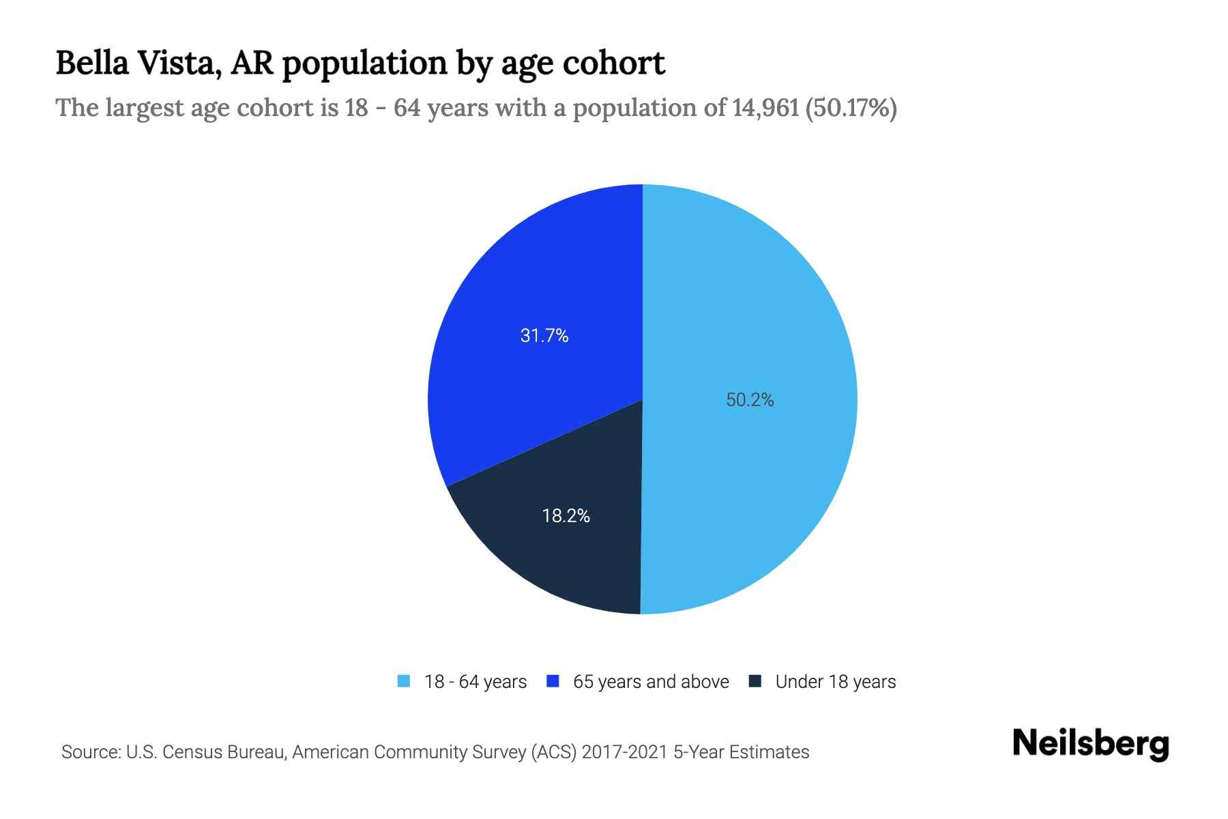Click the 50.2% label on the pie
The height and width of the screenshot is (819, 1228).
coord(750,400)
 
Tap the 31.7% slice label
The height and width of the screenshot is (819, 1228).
coord(544,336)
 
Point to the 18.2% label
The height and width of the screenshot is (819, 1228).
coord(566,516)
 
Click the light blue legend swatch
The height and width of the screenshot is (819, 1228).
coord(404,681)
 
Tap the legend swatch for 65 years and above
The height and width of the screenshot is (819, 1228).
coord(553,681)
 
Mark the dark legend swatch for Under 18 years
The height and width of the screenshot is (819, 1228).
coord(755,681)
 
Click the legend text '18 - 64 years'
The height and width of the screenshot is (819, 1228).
coord(476,682)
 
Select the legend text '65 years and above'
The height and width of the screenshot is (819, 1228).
coord(651,682)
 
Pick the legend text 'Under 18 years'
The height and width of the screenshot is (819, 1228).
coord(836,682)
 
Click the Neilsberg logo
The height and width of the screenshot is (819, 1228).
coord(1091,744)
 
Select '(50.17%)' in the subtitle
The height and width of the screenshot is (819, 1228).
coord(851,108)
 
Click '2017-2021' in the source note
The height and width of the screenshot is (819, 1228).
coord(625,752)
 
